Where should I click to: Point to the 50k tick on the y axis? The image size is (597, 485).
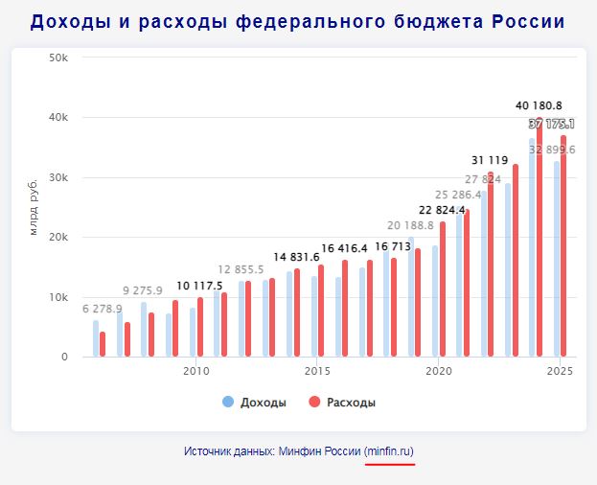(x=58, y=58)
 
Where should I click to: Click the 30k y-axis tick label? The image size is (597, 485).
(x=58, y=177)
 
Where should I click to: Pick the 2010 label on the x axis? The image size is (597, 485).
(x=195, y=371)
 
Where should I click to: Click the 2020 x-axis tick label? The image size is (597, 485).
(x=439, y=371)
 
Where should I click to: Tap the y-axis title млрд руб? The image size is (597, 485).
(x=34, y=207)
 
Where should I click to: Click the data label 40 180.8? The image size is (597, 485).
(x=539, y=105)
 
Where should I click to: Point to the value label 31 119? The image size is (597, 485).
(x=490, y=160)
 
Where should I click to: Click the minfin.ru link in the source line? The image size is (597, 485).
(x=389, y=450)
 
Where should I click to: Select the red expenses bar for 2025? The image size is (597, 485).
(x=563, y=249)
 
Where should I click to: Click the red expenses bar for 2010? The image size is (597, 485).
(x=200, y=327)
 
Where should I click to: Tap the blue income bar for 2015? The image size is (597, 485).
(x=313, y=316)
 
